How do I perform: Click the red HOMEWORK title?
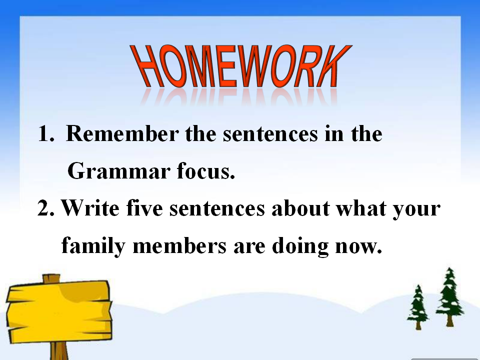coord(241,66)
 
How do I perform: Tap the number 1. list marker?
coord(46,134)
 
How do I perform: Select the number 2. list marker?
coord(46,208)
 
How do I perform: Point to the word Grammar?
coord(119,171)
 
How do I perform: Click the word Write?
coord(90,208)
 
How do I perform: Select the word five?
coord(144,207)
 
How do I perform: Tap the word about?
coord(300,208)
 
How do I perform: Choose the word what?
coord(361,208)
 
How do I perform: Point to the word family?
coord(93,246)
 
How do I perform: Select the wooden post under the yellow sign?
coord(59,351)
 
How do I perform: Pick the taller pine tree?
coord(449,297)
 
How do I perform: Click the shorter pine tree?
coord(418,307)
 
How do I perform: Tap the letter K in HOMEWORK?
coord(334,66)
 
